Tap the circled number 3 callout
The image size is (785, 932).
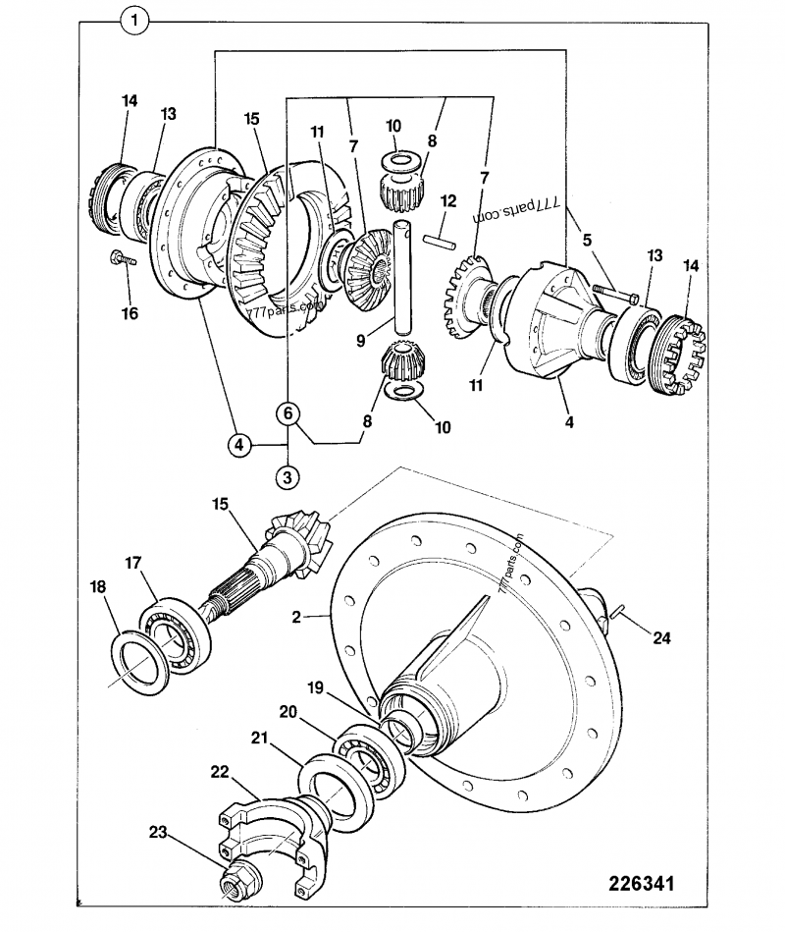[x=287, y=478]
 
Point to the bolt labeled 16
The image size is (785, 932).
[x=123, y=260]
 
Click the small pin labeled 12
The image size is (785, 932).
[x=439, y=237]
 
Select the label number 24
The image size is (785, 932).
[x=663, y=637]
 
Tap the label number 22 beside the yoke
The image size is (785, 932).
[x=221, y=773]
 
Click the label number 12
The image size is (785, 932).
[x=448, y=200]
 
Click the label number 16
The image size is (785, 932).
[x=130, y=313]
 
